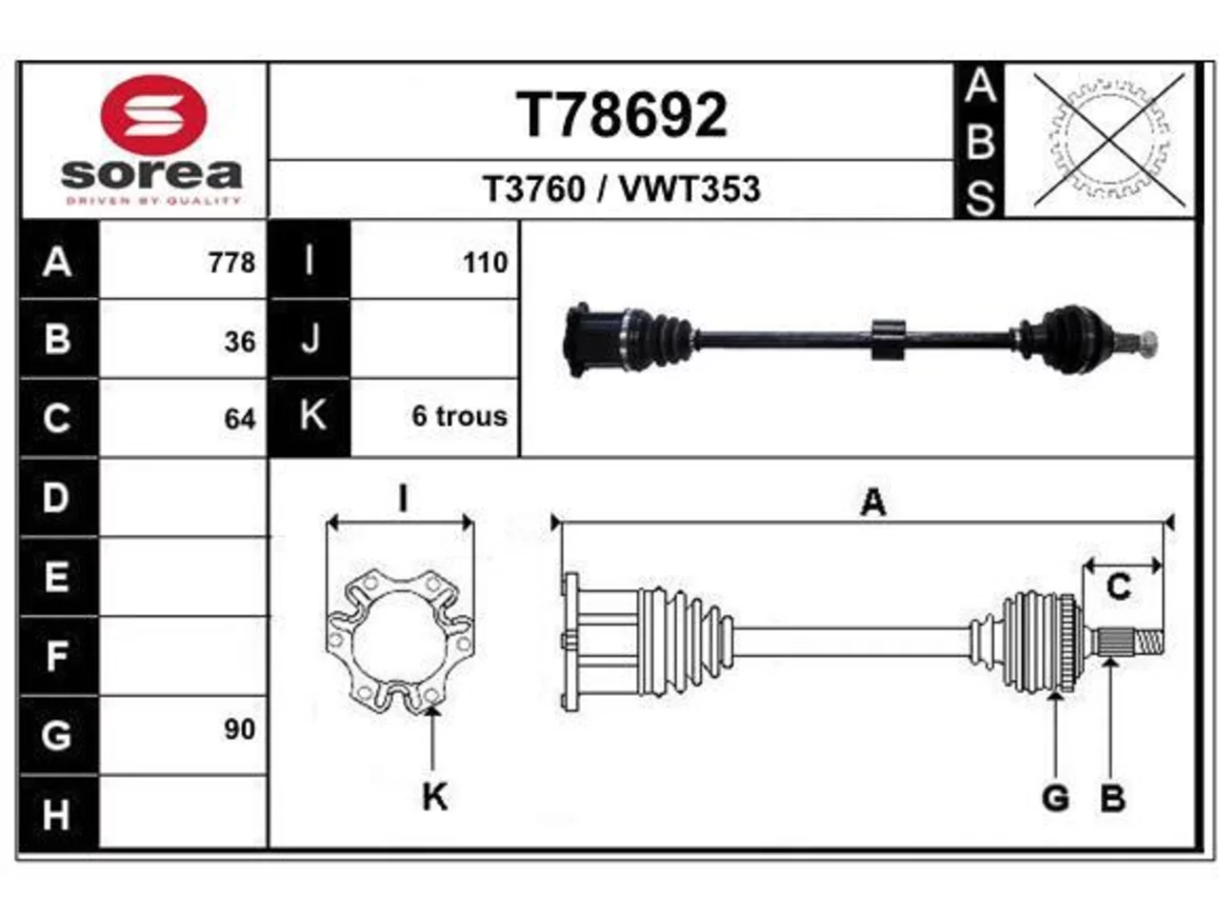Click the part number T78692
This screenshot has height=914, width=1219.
(622, 114)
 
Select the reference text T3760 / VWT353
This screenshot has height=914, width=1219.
(622, 189)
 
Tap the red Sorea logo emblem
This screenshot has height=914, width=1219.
(153, 115)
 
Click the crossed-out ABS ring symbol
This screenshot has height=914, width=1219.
(1109, 140)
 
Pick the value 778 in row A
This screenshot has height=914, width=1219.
(232, 263)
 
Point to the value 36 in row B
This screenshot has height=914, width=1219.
(240, 342)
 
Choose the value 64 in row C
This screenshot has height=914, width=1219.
(240, 419)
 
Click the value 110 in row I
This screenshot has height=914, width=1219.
(486, 263)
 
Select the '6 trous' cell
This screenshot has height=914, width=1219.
(459, 416)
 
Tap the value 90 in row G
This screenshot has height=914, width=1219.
(240, 729)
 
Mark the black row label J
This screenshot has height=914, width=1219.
(310, 339)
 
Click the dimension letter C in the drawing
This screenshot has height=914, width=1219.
(1118, 586)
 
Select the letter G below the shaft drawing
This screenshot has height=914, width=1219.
(1055, 799)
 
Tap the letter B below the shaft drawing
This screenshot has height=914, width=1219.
(1112, 799)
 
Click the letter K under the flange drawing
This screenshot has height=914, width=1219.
(435, 798)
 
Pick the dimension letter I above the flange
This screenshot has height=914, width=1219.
(403, 498)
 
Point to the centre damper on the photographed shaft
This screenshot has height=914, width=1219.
(888, 339)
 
